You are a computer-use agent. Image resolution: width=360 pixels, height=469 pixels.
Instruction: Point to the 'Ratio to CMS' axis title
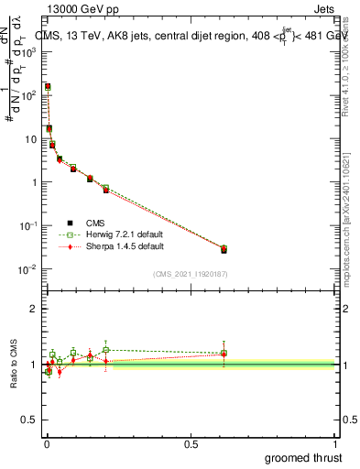pyautogui.click(x=14, y=365)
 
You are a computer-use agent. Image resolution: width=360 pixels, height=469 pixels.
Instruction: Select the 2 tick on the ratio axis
pyautogui.click(x=32, y=309)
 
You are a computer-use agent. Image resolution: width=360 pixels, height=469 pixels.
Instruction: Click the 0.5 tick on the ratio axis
pyautogui.click(x=29, y=421)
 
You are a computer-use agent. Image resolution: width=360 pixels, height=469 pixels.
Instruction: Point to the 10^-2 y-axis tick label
pyautogui.click(x=27, y=268)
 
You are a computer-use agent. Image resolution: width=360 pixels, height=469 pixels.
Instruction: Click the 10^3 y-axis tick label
pyautogui.click(x=28, y=52)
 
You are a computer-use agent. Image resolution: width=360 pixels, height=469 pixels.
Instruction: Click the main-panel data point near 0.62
pyautogui.click(x=224, y=249)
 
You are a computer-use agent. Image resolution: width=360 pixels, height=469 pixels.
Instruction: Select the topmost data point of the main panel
pyautogui.click(x=48, y=86)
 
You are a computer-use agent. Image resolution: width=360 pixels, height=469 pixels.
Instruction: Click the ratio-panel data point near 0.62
pyautogui.click(x=224, y=353)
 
